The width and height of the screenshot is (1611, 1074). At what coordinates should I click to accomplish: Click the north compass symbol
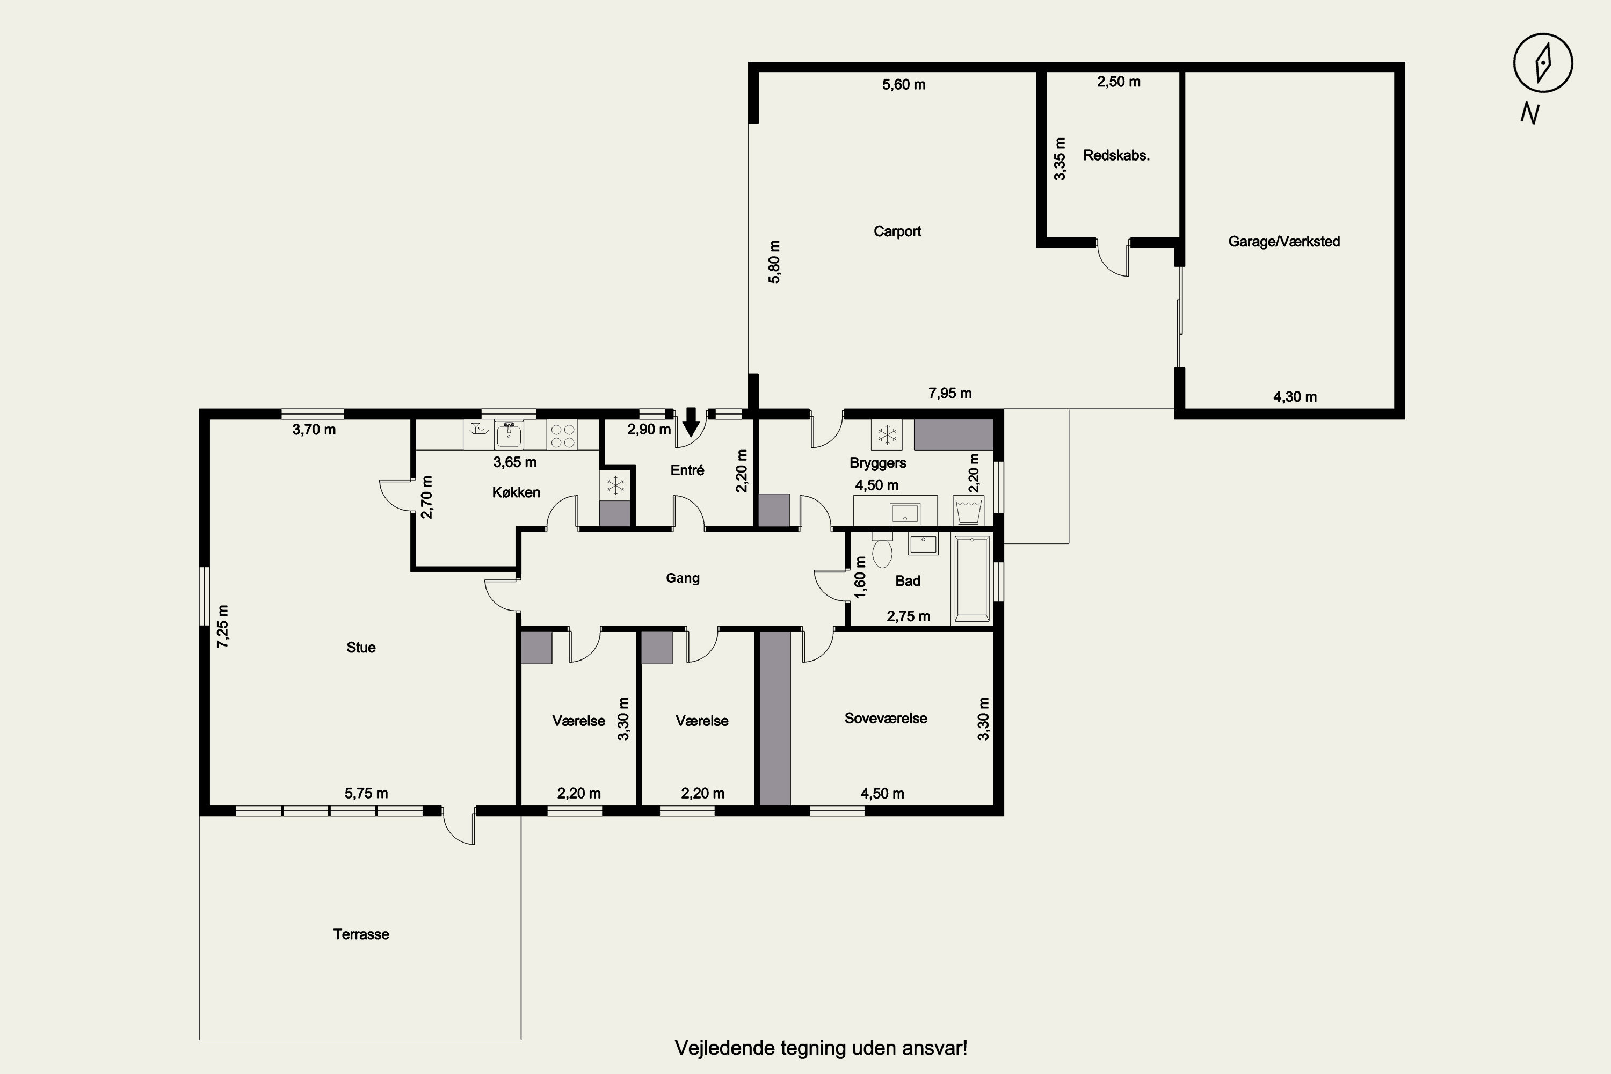coord(1543,63)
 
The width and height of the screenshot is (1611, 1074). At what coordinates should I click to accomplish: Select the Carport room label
coord(897,231)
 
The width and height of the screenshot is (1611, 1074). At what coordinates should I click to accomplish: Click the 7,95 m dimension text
coord(950,393)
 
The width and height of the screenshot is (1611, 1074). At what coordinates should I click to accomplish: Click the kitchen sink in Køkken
coord(509,434)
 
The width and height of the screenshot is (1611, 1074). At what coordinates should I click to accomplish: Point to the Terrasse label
coord(361,934)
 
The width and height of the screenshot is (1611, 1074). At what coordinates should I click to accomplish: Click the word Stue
coord(361,647)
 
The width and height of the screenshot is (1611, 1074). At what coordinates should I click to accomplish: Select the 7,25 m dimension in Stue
coord(223,626)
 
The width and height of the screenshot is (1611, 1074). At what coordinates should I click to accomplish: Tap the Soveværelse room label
coord(886,719)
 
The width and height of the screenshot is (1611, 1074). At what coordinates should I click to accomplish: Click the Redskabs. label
coord(1116,156)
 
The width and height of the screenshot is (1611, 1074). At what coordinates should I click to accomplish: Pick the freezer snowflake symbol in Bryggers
coord(887,434)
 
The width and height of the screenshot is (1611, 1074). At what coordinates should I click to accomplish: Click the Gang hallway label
coord(683,578)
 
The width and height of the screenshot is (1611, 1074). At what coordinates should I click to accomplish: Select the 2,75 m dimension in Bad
coord(908,616)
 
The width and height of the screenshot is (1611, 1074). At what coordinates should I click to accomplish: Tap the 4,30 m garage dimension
coord(1295,397)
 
